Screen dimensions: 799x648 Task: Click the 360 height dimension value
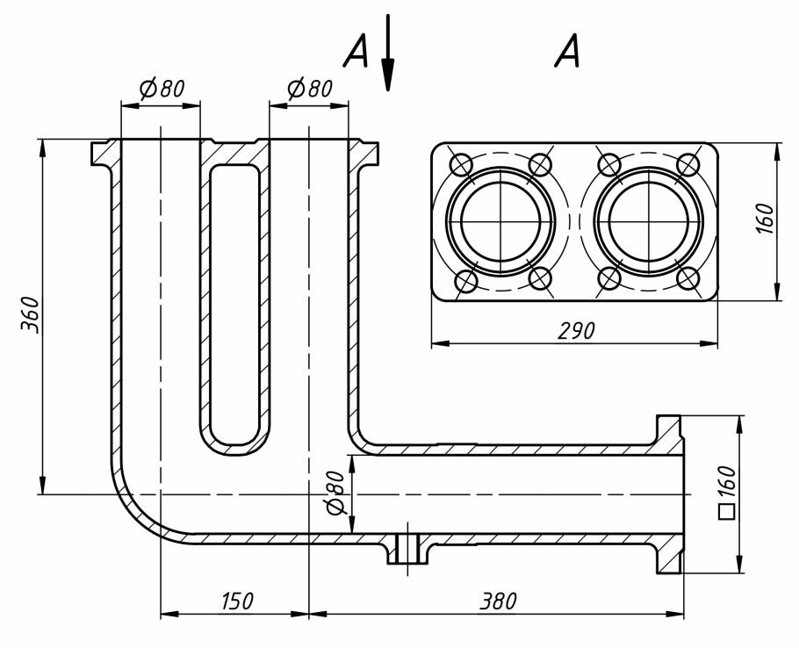click(30, 314)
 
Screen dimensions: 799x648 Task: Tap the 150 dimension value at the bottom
click(237, 601)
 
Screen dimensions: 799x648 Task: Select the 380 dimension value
click(499, 601)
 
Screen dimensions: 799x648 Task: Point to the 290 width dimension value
click(576, 331)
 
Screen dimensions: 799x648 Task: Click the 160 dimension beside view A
click(765, 219)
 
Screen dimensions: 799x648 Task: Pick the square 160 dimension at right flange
click(727, 493)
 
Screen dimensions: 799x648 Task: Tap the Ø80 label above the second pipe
click(310, 89)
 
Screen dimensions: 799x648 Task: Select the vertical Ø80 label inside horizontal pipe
click(335, 493)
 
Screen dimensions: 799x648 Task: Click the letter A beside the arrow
click(356, 52)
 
